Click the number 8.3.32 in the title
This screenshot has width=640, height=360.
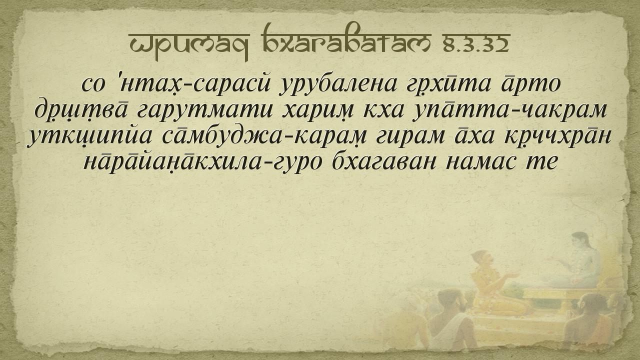click(476, 44)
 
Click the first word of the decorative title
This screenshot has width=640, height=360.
click(189, 44)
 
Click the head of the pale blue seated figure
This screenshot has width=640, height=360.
click(580, 241)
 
